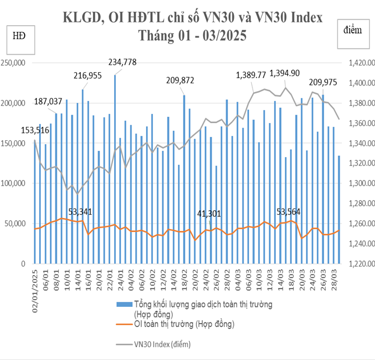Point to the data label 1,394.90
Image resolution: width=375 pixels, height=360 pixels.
284,73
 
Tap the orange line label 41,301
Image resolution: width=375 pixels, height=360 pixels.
210,214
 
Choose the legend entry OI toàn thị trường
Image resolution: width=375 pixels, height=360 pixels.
184,324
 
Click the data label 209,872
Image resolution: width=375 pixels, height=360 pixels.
180,80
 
